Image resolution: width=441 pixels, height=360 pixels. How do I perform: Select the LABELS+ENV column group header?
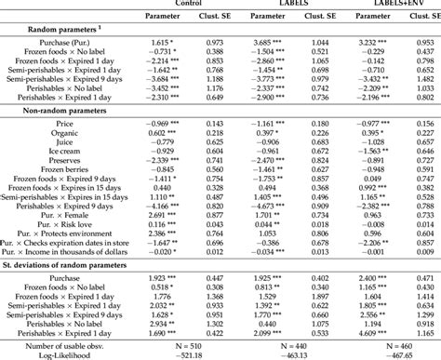tap(381, 4)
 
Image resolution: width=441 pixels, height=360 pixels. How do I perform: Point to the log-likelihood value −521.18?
tap(193, 353)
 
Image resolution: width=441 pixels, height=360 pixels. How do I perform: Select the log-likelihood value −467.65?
tap(381, 353)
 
